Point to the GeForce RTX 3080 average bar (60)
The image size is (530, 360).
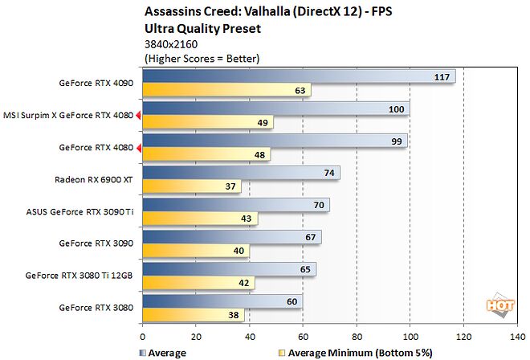[222, 302]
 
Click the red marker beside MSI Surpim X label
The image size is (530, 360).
[138, 116]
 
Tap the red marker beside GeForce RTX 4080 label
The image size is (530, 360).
[138, 147]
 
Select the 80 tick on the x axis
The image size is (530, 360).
[357, 337]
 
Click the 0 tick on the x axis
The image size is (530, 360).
[143, 337]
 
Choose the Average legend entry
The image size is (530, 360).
[165, 352]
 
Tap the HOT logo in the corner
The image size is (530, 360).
[500, 305]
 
